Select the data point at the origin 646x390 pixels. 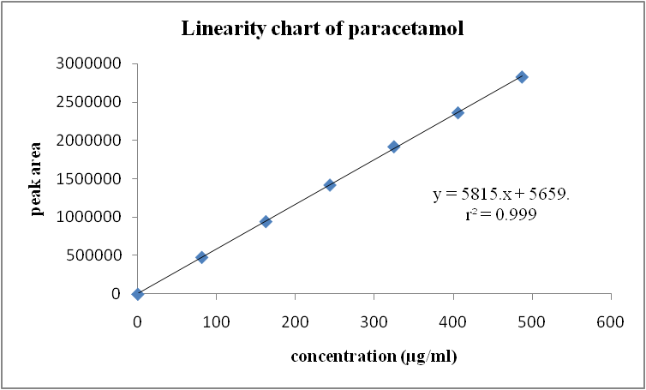[x=137, y=294]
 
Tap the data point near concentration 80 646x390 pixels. [x=202, y=257]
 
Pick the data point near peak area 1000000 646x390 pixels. [x=266, y=221]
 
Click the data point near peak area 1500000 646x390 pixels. [x=330, y=184]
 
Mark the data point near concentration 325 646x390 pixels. [x=394, y=147]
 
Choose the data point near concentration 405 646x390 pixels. [x=458, y=112]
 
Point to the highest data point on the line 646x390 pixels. [x=522, y=77]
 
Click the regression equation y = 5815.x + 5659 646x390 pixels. [x=500, y=196]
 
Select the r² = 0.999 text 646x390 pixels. [x=500, y=216]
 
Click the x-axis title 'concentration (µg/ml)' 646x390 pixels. [x=374, y=357]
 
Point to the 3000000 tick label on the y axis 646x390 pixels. [x=87, y=64]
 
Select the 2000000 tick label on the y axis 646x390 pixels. [x=87, y=141]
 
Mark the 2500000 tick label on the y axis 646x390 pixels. [x=87, y=103]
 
